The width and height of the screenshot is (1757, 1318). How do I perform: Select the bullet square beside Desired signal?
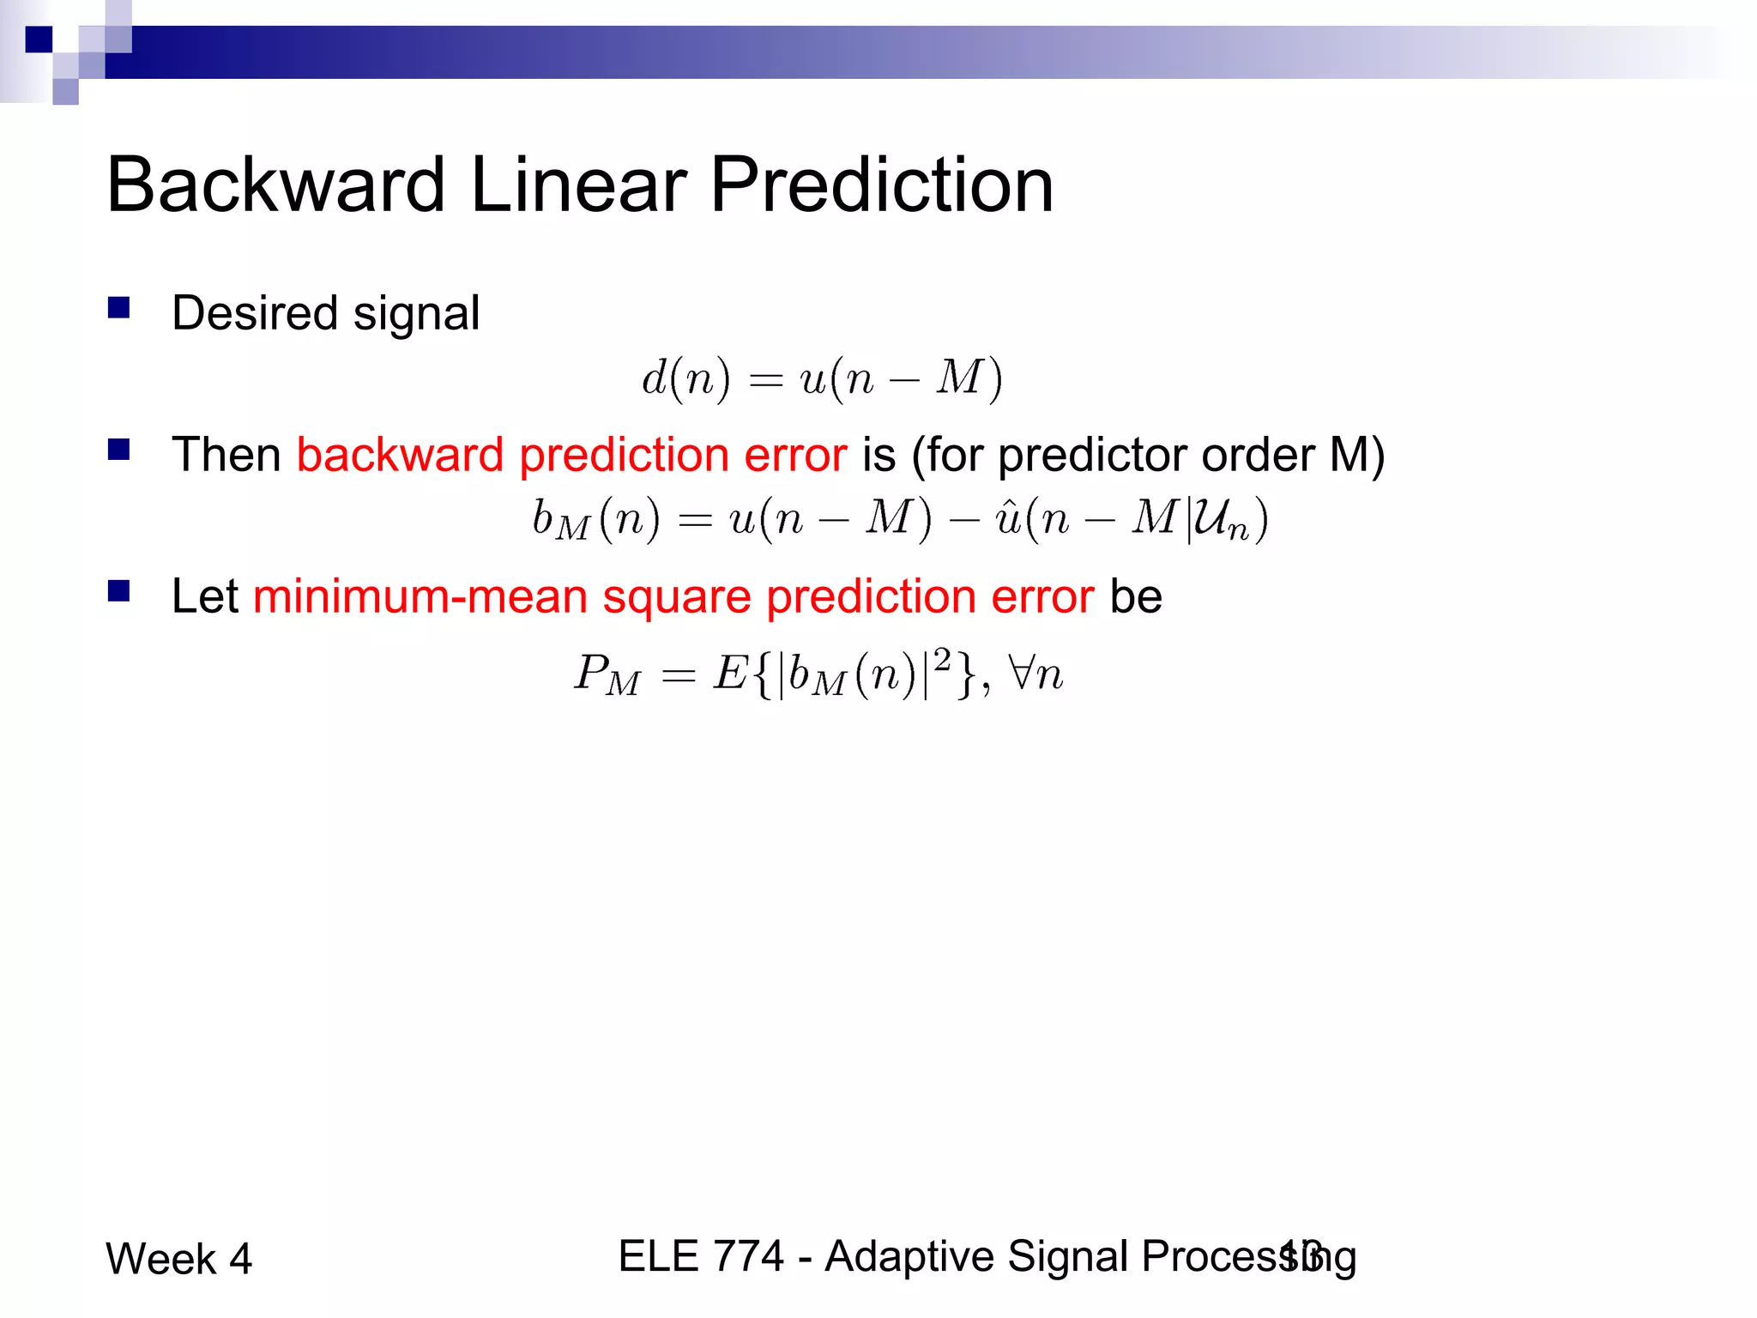(118, 308)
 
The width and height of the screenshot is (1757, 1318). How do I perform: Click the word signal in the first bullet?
(416, 314)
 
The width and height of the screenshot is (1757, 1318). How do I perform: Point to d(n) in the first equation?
(685, 378)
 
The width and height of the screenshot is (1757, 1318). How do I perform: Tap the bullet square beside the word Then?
(118, 450)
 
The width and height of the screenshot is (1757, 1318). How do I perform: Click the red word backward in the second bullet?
(399, 455)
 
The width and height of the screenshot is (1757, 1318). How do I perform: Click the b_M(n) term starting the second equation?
(595, 520)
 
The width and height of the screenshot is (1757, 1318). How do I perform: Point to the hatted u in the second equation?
(1006, 518)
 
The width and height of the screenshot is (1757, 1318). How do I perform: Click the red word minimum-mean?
(420, 596)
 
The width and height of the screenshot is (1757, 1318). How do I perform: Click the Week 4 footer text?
(178, 1259)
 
